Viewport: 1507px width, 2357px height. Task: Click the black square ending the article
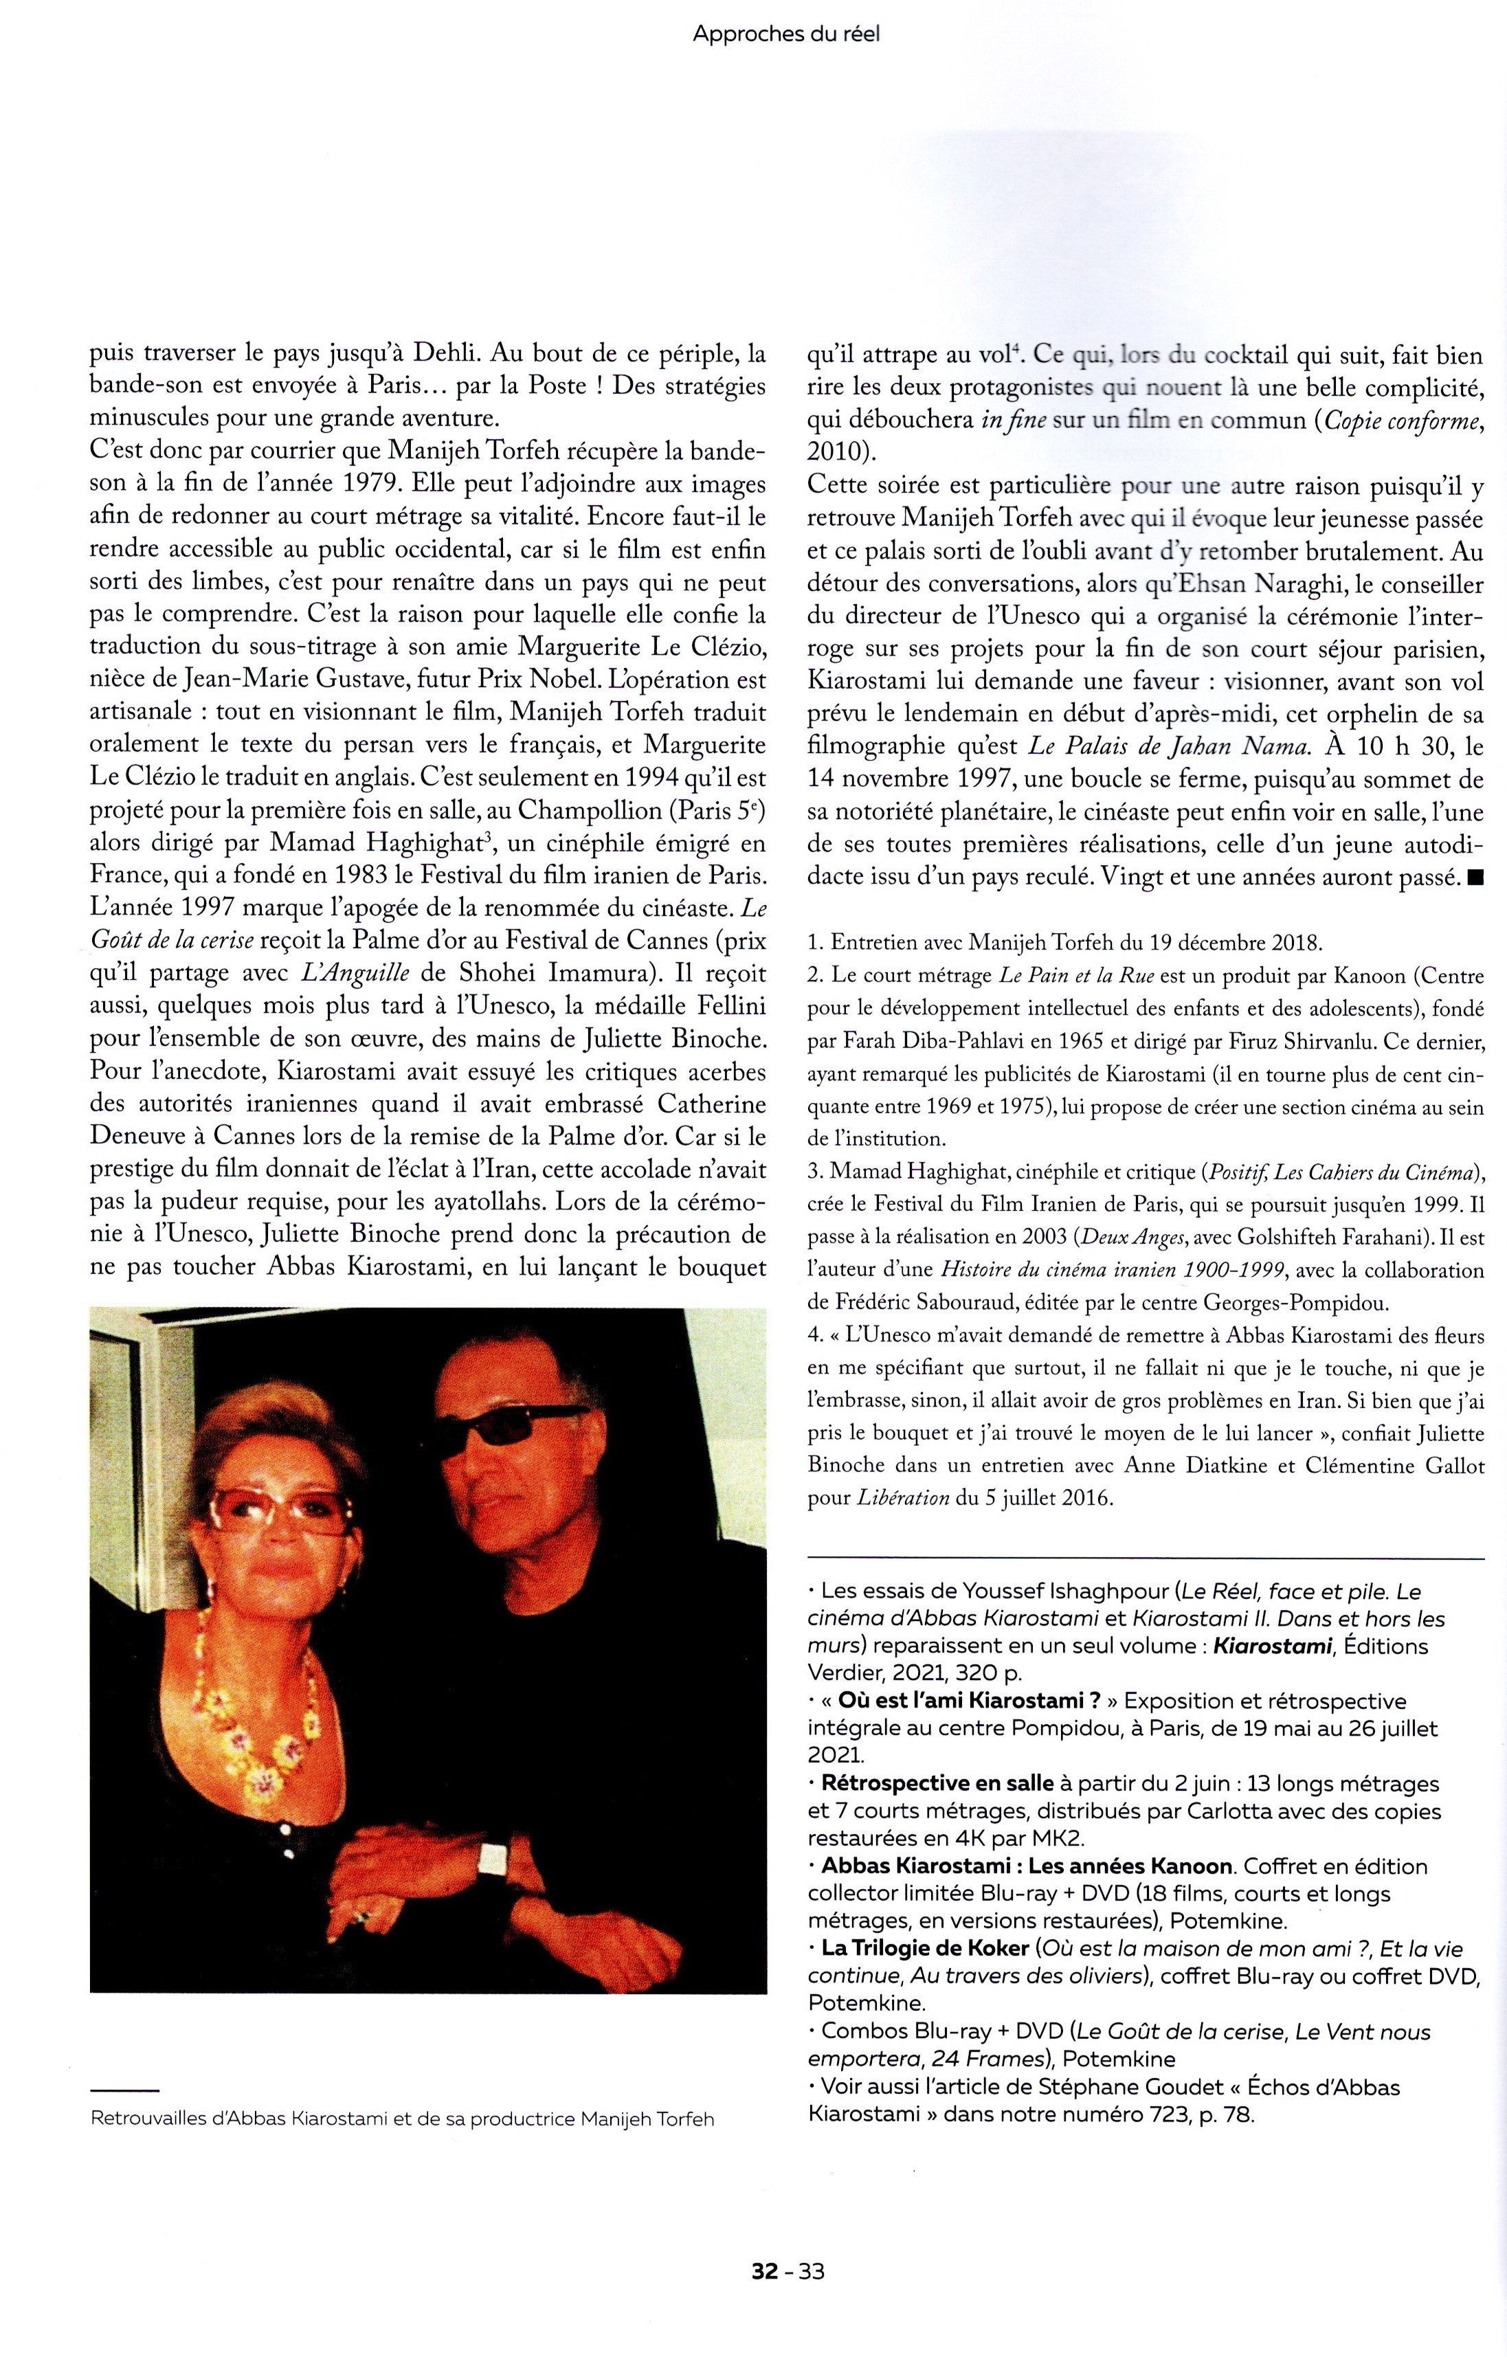(1475, 878)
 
